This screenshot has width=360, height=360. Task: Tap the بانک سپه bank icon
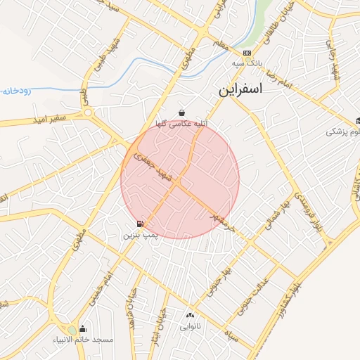click(247, 53)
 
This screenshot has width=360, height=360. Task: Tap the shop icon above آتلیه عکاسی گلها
click(182, 112)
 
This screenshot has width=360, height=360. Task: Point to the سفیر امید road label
click(49, 120)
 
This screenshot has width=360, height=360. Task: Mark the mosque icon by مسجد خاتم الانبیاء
click(83, 328)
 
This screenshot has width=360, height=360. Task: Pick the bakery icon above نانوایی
click(190, 316)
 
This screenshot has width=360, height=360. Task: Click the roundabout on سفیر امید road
click(88, 112)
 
